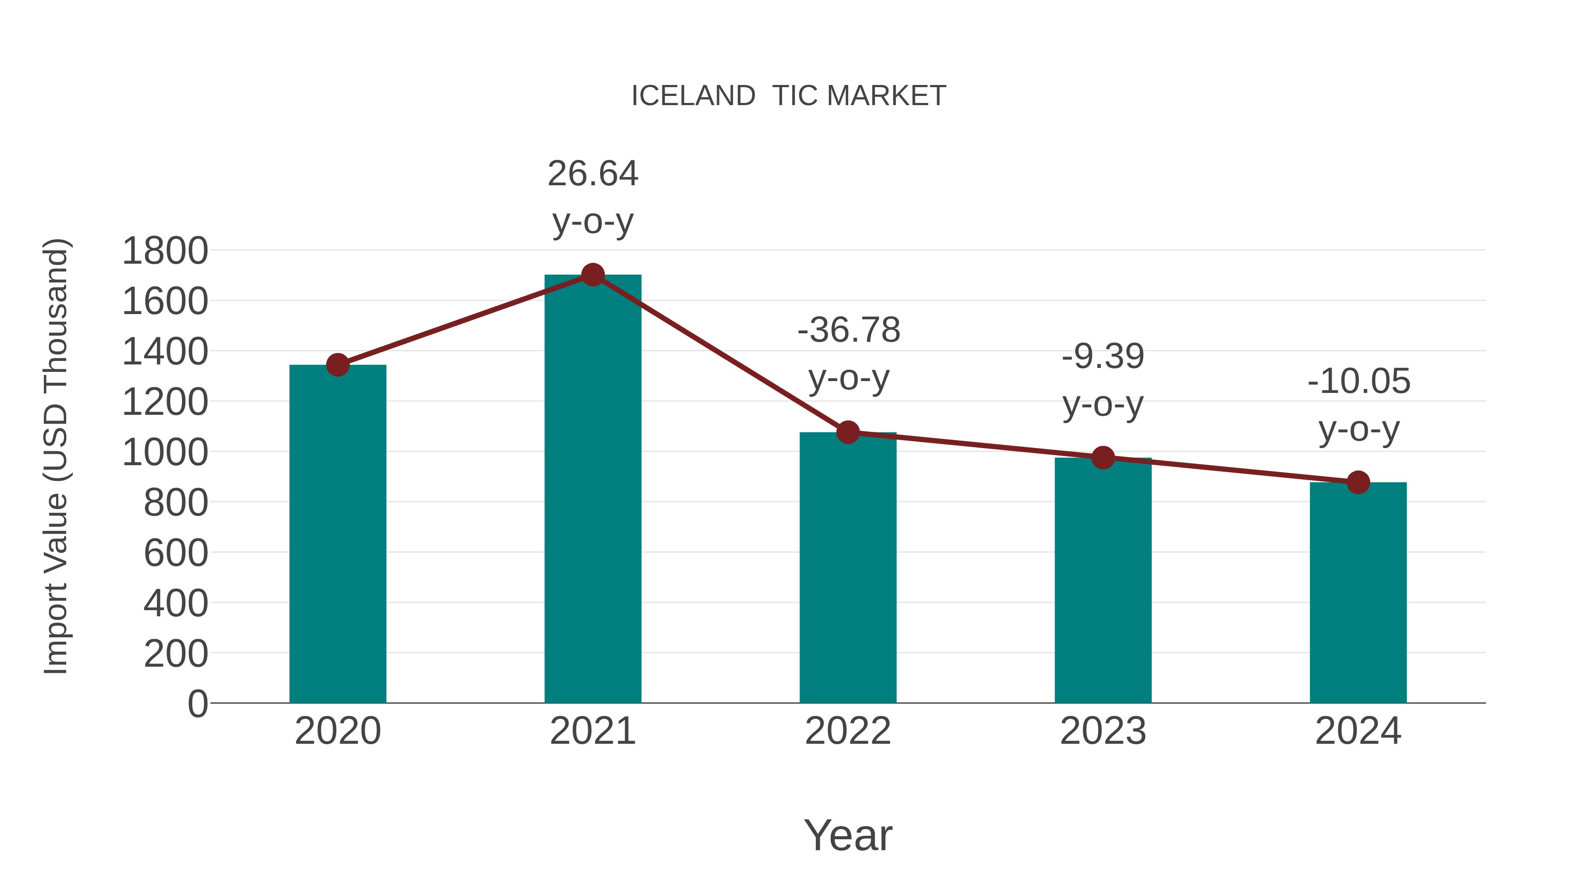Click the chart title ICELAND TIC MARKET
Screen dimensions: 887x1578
click(x=789, y=96)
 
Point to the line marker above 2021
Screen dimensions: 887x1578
click(x=592, y=275)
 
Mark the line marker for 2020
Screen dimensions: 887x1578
click(x=338, y=365)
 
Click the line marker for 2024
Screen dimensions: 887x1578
click(x=1358, y=482)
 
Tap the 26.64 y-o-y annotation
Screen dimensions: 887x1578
click(x=592, y=197)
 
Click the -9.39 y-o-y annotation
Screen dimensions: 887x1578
click(x=1103, y=380)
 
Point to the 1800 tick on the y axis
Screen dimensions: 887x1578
click(x=165, y=251)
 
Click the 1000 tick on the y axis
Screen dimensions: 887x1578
click(x=165, y=453)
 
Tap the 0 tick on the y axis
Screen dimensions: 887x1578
click(x=197, y=703)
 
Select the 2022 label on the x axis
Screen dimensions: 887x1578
click(x=848, y=731)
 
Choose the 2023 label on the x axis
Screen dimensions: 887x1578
click(x=1103, y=731)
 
